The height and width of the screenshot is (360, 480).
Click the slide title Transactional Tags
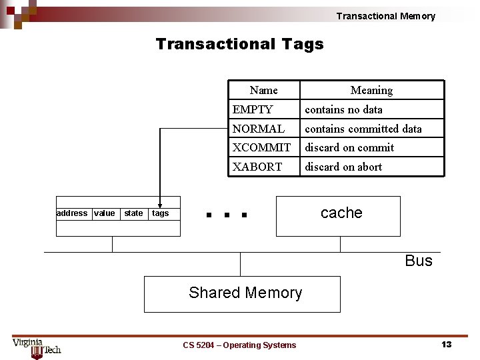239,44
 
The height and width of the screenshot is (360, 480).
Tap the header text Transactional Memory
385,16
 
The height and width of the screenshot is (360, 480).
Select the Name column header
263,90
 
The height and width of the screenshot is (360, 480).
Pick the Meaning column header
371,90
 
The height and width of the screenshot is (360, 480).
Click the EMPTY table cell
253,109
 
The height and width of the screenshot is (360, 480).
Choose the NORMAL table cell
258,129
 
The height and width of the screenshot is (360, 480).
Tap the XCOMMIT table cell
261,147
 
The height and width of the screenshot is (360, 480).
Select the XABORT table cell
257,167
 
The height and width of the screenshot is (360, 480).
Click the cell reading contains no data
343,109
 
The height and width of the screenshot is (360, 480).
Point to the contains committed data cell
363,129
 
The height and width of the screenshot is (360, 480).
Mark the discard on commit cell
349,147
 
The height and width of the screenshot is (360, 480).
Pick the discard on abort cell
343,167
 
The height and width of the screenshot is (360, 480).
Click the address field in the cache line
72,213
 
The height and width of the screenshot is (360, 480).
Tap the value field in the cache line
105,213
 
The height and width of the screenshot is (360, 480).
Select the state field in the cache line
133,213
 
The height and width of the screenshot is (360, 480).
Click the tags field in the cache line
161,213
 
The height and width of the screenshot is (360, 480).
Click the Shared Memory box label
245,293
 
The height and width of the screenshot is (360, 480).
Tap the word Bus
419,261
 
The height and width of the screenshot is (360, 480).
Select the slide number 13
446,344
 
